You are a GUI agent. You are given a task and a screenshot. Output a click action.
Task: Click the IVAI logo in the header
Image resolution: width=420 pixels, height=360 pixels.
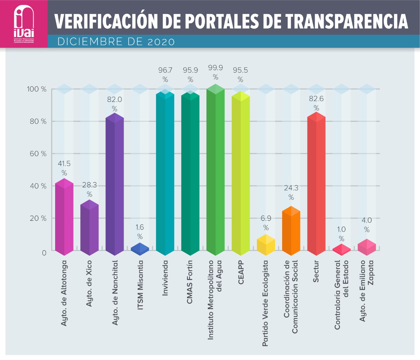[x=24, y=24]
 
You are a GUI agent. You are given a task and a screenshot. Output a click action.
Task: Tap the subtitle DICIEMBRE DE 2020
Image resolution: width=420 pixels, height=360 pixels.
[x=116, y=42]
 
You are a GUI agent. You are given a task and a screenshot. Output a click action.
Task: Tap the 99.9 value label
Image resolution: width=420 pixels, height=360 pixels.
[x=215, y=68]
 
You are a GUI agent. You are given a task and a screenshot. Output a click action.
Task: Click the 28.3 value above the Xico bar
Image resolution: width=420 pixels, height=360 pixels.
[x=89, y=185]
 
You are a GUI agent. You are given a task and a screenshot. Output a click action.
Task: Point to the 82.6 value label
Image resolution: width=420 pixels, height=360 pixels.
[x=316, y=99]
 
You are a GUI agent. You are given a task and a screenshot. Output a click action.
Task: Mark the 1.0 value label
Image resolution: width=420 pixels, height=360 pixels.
[x=341, y=229]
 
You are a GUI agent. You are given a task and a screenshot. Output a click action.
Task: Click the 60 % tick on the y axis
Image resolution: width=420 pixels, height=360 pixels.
[x=38, y=154]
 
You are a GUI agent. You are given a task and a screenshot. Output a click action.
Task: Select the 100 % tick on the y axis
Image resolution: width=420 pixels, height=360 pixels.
[x=37, y=89]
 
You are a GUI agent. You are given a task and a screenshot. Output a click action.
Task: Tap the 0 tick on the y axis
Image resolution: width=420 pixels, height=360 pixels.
[x=44, y=253]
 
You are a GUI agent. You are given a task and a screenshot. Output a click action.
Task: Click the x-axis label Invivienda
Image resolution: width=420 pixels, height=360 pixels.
[x=165, y=278]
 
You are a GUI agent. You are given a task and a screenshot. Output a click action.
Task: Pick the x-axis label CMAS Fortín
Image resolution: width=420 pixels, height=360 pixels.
[x=190, y=282]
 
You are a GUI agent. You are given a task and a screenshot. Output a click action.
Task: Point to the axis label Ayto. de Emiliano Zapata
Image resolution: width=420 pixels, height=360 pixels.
[x=367, y=291]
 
